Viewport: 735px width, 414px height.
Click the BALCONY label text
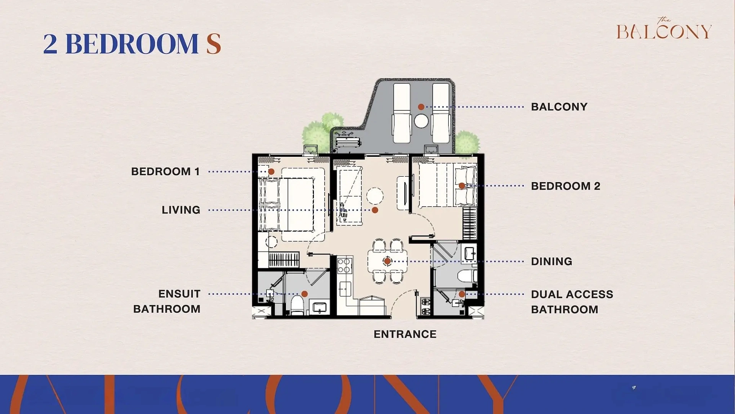click(x=559, y=107)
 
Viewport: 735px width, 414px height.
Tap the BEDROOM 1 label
click(x=165, y=171)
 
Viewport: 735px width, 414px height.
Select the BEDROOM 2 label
click(x=565, y=186)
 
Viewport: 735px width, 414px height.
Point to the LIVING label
click(x=181, y=210)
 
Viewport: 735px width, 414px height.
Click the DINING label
click(x=551, y=261)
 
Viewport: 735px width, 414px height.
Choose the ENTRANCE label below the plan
click(x=405, y=334)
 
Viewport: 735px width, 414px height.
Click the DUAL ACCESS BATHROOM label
click(x=572, y=302)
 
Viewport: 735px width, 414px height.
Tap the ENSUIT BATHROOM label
click(x=167, y=301)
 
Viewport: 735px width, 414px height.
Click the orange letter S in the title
click(x=214, y=44)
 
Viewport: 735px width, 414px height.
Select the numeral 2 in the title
click(x=50, y=44)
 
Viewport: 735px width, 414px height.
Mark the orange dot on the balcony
click(x=421, y=107)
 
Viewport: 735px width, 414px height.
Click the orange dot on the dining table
click(x=387, y=261)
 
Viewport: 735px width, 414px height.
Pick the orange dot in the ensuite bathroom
click(x=305, y=294)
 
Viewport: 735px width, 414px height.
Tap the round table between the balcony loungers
click(x=421, y=121)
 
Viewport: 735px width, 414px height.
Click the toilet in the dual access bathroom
click(x=467, y=276)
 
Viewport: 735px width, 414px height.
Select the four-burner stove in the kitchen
click(x=344, y=265)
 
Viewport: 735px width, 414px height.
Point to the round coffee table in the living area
click(x=375, y=196)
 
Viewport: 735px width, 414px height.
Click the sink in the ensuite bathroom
click(x=320, y=307)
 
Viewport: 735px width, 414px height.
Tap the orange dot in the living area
click(x=375, y=210)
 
